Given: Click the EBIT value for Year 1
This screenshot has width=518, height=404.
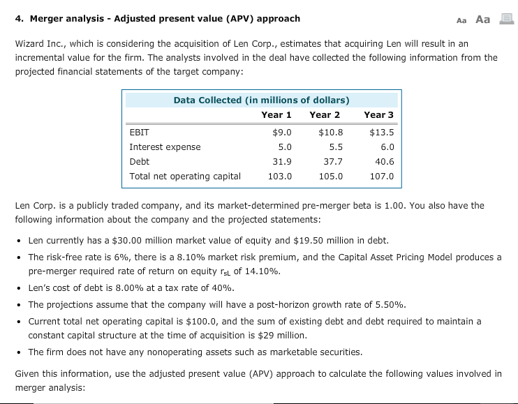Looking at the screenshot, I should click(281, 132).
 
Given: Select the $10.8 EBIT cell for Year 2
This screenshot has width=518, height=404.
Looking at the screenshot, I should click(330, 132).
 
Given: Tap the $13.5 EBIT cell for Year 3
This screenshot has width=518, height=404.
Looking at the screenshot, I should click(381, 132).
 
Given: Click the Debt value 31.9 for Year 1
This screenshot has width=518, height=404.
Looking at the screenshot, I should click(281, 161).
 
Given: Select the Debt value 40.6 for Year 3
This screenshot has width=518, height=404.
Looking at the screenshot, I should click(384, 161).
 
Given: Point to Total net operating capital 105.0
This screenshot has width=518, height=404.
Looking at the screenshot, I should click(331, 177).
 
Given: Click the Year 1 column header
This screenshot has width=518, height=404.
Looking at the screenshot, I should click(276, 114).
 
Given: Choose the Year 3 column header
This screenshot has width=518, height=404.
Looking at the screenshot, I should click(379, 114).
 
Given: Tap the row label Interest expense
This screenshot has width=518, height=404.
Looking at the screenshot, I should click(165, 147).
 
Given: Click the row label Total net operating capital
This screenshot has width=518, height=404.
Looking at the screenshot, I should click(185, 177).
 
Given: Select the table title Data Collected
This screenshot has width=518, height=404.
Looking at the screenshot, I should click(261, 100).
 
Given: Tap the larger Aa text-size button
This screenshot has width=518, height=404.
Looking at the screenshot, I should click(482, 19).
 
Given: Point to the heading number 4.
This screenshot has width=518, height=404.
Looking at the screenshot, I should click(17, 18).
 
